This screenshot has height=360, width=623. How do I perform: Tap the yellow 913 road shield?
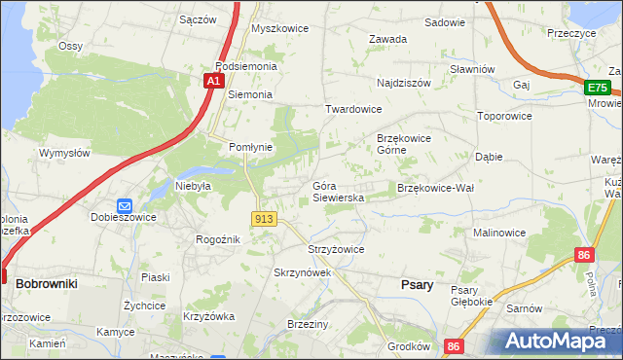point(263,220)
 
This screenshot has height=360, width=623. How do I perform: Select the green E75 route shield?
point(598,89)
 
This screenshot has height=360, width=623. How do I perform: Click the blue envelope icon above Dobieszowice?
point(124,206)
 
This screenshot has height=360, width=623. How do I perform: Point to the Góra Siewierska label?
point(338,192)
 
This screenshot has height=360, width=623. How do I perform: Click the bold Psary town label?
point(417,284)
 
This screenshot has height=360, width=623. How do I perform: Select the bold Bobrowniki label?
point(47,282)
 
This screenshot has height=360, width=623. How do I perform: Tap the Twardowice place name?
point(353,110)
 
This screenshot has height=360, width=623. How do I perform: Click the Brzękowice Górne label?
point(404,144)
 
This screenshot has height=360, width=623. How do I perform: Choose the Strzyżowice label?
point(336,249)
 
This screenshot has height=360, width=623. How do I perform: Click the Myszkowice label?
point(279,28)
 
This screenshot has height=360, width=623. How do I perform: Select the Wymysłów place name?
point(64,153)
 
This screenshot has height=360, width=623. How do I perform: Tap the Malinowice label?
point(499,234)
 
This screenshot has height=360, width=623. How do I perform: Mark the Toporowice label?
point(504,116)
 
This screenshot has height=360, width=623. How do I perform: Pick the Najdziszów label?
point(403,84)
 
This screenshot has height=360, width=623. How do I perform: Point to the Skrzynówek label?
point(303,273)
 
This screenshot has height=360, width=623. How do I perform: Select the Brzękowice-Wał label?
point(434,188)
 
